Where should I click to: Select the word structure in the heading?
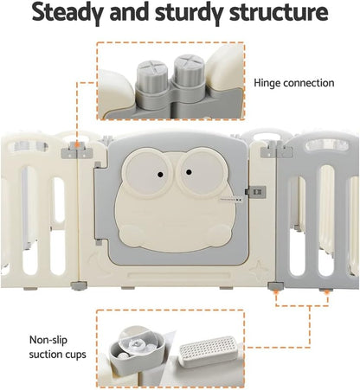pyautogui.click(x=279, y=12)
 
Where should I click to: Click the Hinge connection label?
pyautogui.click(x=294, y=83)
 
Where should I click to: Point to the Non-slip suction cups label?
pyautogui.click(x=58, y=347)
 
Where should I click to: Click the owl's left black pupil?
pyautogui.click(x=160, y=175)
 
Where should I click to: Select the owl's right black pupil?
pyautogui.click(x=189, y=172)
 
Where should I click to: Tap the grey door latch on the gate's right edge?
pyautogui.click(x=255, y=192)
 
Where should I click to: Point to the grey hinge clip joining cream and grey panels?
pyautogui.click(x=277, y=150)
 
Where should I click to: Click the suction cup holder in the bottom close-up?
pyautogui.click(x=137, y=351)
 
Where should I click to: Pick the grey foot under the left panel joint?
pyautogui.click(x=79, y=286)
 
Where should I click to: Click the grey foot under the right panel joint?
pyautogui.click(x=275, y=286)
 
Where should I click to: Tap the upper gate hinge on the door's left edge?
pyautogui.click(x=98, y=165)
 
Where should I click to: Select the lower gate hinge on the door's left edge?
pyautogui.click(x=99, y=242)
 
